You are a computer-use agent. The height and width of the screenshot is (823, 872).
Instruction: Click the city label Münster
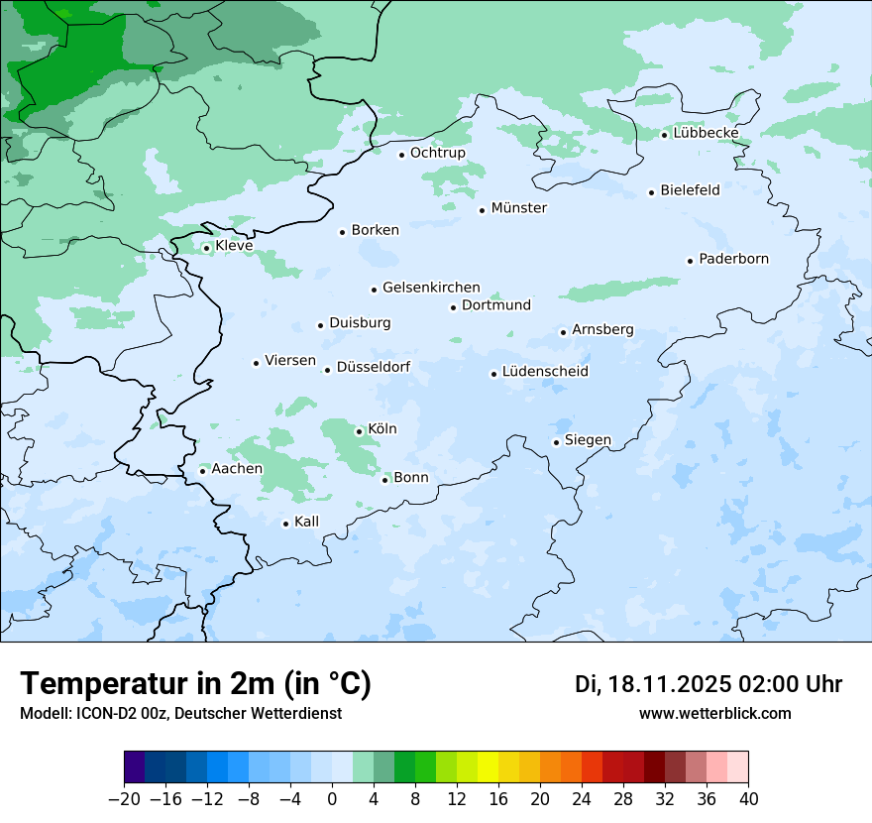pyautogui.click(x=518, y=208)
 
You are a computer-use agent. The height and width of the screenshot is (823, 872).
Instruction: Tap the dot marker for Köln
pyautogui.click(x=359, y=431)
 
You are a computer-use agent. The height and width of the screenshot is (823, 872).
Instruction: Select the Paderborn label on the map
pyautogui.click(x=733, y=259)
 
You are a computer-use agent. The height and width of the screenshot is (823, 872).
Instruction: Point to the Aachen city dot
pyautogui.click(x=202, y=471)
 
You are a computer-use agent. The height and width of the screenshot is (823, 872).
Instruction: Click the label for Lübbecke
pyautogui.click(x=706, y=133)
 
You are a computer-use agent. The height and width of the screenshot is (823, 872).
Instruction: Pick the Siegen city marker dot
pyautogui.click(x=557, y=442)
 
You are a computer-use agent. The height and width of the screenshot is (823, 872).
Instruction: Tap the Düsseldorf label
pyautogui.click(x=373, y=367)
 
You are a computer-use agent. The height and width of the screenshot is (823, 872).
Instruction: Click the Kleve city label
pyautogui.click(x=234, y=246)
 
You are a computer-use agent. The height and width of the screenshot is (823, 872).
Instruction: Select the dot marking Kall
pyautogui.click(x=285, y=524)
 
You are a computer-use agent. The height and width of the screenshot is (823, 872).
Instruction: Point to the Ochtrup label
pyautogui.click(x=437, y=153)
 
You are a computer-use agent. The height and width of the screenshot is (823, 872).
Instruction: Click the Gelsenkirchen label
pyautogui.click(x=431, y=288)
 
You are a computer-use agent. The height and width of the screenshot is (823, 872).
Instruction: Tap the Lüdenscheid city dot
pyautogui.click(x=493, y=374)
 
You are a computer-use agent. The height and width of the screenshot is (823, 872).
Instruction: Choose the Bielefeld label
pyautogui.click(x=690, y=189)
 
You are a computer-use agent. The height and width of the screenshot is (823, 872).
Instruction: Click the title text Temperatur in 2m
pyautogui.click(x=195, y=684)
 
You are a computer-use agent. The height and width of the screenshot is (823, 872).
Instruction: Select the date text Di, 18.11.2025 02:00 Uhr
pyautogui.click(x=708, y=684)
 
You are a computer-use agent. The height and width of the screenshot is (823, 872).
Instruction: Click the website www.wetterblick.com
pyautogui.click(x=714, y=714)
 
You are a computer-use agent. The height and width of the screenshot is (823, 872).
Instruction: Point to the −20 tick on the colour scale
pyautogui.click(x=124, y=799)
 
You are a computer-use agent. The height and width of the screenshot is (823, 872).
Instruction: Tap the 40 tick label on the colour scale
pyautogui.click(x=748, y=799)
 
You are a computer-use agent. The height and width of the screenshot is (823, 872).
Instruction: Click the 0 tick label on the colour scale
pyautogui.click(x=332, y=799)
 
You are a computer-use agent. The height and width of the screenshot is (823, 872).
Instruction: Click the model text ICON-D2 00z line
pyautogui.click(x=180, y=714)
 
